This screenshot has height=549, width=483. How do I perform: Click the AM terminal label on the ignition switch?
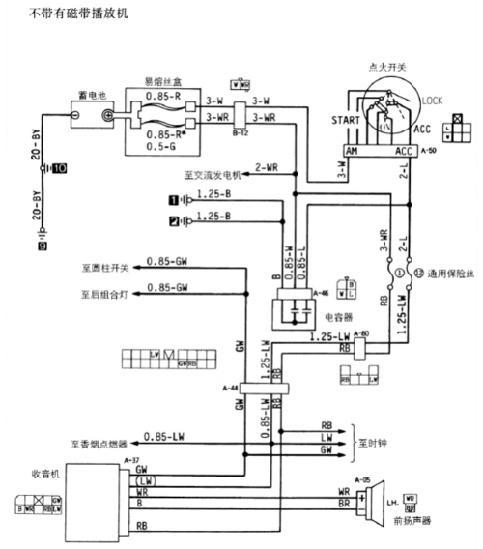point(354,152)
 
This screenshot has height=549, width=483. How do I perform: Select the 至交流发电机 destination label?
point(212,176)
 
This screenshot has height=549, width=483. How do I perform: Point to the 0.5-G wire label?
point(160,148)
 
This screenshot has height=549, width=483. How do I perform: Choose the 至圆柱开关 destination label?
point(105,265)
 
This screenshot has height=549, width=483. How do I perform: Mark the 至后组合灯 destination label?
point(105,290)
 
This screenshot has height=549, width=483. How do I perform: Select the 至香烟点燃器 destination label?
point(100,445)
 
